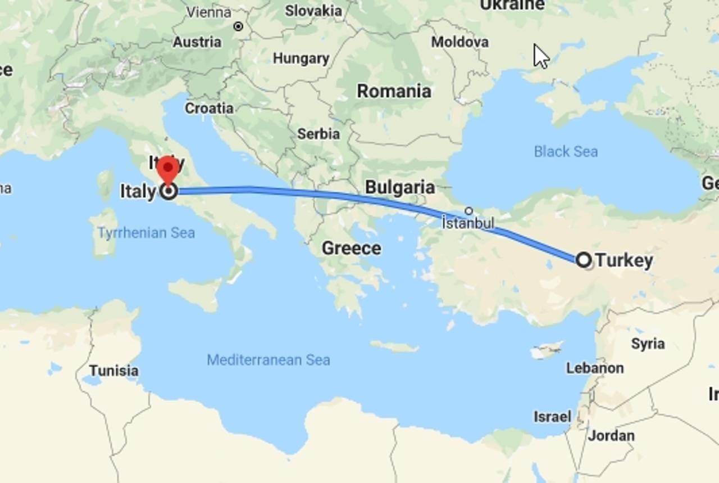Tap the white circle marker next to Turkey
click(x=584, y=260)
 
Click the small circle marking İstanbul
click(x=469, y=211)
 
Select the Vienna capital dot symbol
click(x=238, y=26)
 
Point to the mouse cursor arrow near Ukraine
click(x=540, y=56)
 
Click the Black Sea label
click(x=566, y=151)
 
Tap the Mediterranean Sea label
click(x=268, y=360)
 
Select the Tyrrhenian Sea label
click(x=146, y=233)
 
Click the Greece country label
click(x=351, y=248)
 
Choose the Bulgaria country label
click(x=400, y=187)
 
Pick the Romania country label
click(x=394, y=91)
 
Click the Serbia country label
click(x=318, y=134)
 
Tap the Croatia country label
click(x=209, y=108)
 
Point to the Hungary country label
click(x=301, y=58)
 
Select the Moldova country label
click(x=459, y=42)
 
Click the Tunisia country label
click(x=114, y=371)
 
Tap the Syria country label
click(x=648, y=344)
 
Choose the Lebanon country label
click(x=595, y=368)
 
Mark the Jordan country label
click(x=612, y=435)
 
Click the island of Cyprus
click(x=545, y=350)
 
